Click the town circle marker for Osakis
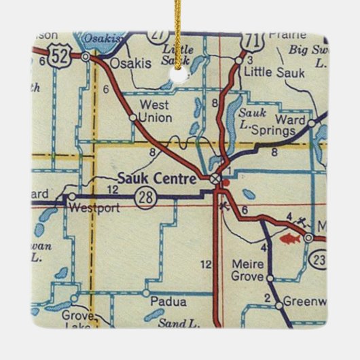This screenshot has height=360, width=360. [85, 58]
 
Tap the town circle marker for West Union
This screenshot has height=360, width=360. [132, 117]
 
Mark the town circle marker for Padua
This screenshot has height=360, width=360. [146, 293]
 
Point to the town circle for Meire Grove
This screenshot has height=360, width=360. [270, 278]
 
